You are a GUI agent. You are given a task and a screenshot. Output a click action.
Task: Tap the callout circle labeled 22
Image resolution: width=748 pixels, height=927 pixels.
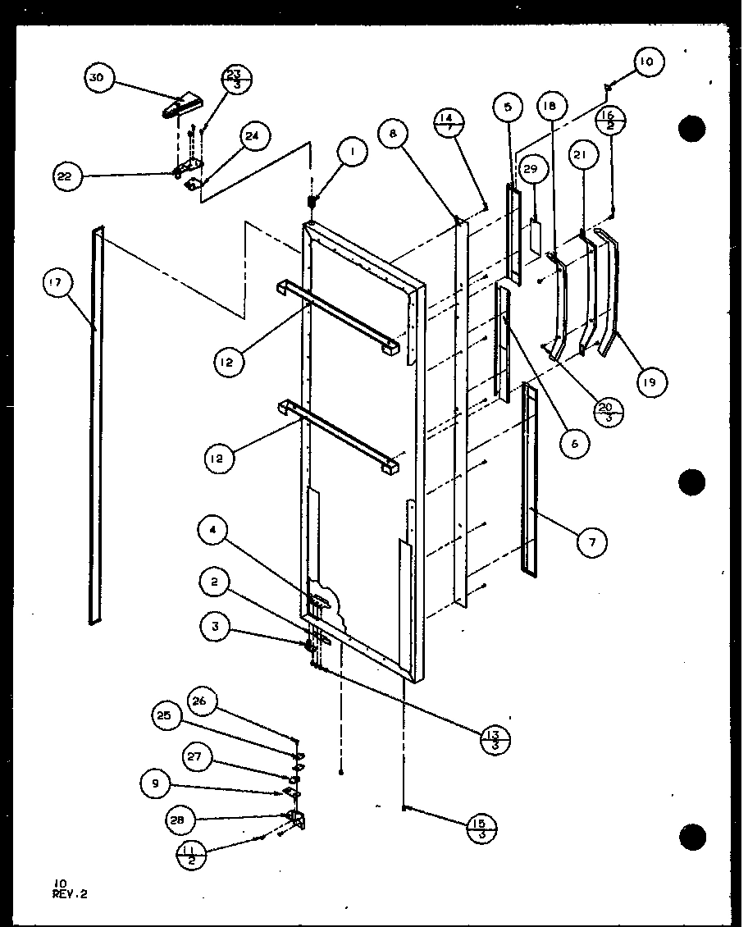tap(68, 176)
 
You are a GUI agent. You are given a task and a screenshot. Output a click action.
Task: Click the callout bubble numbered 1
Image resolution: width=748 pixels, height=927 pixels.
tap(352, 153)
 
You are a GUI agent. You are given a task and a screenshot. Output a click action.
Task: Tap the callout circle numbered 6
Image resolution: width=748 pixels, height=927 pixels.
tap(575, 444)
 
